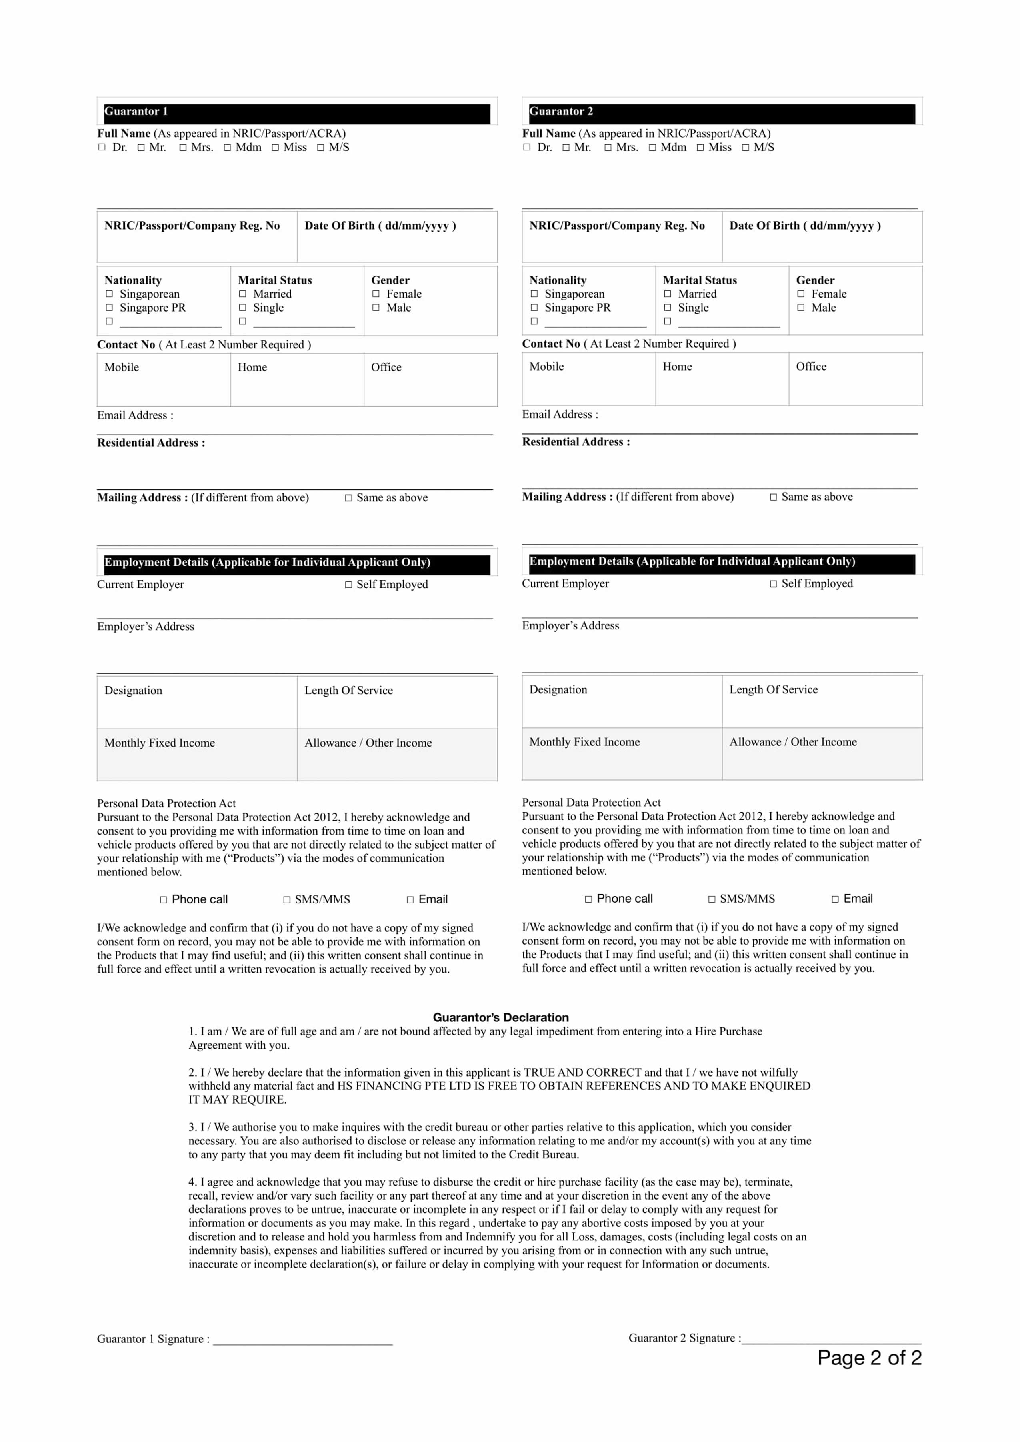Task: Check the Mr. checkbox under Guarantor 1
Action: pyautogui.click(x=141, y=148)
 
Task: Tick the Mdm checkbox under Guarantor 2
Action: pyautogui.click(x=652, y=148)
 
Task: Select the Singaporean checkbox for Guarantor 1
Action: pyautogui.click(x=109, y=294)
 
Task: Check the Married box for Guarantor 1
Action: pyautogui.click(x=242, y=294)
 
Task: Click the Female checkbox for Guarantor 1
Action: pyautogui.click(x=376, y=294)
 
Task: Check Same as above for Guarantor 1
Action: pyautogui.click(x=348, y=498)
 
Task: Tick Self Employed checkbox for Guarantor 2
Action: pyautogui.click(x=774, y=584)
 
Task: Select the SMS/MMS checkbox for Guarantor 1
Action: pyautogui.click(x=287, y=900)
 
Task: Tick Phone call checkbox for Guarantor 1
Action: pyautogui.click(x=164, y=900)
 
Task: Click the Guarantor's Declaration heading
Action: pyautogui.click(x=500, y=1017)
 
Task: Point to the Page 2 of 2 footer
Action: pyautogui.click(x=869, y=1358)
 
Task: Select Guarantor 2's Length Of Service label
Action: pyautogui.click(x=773, y=689)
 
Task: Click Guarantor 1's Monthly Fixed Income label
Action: pyautogui.click(x=160, y=743)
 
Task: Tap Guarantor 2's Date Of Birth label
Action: pyautogui.click(x=804, y=226)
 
